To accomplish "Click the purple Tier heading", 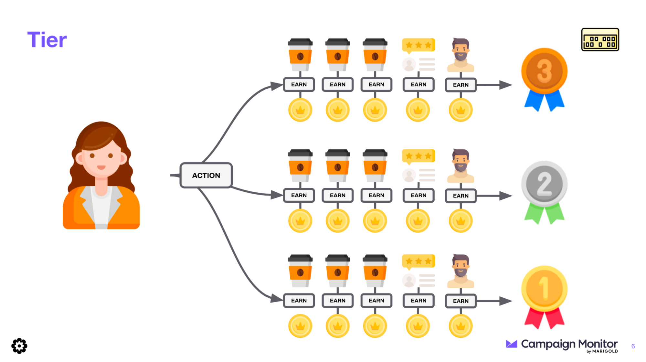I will coord(47,40).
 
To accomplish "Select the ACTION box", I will coord(206,176).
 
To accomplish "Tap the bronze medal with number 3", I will coord(544,71).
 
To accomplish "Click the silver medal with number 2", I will coord(544,184).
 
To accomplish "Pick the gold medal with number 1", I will coord(544,288).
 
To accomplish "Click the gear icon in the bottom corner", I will coord(19,346).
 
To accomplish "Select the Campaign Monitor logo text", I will coord(569,344).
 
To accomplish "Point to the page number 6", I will coord(633,346).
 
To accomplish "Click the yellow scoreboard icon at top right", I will coord(600,40).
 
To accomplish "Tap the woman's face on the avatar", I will coord(101,158).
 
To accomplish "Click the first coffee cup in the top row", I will coord(300,55).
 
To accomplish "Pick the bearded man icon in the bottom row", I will coord(461,271).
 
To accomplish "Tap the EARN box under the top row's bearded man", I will coord(461,85).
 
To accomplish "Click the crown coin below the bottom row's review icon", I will coord(418,326).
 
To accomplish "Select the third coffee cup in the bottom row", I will coord(375,271).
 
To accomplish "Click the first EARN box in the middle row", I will coord(299,196).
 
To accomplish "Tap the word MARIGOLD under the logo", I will coord(605,351).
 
